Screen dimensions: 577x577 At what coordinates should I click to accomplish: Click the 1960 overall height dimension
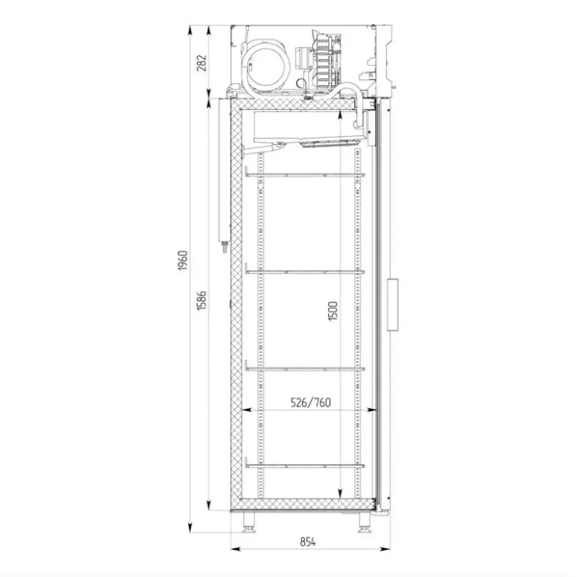coord(183,260)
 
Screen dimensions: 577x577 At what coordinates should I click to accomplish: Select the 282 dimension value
coord(202,63)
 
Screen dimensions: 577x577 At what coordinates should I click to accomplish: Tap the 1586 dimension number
coord(202,300)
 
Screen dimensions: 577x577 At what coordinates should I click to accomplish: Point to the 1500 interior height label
coord(333,311)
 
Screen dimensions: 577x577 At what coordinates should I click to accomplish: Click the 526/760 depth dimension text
coord(311,402)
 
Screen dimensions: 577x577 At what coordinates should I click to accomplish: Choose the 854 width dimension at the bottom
coord(308,542)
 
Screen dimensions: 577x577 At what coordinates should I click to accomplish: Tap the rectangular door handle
coord(392,304)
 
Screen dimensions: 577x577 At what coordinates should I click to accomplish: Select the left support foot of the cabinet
coord(248,523)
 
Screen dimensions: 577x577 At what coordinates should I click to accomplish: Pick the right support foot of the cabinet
coord(364,523)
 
